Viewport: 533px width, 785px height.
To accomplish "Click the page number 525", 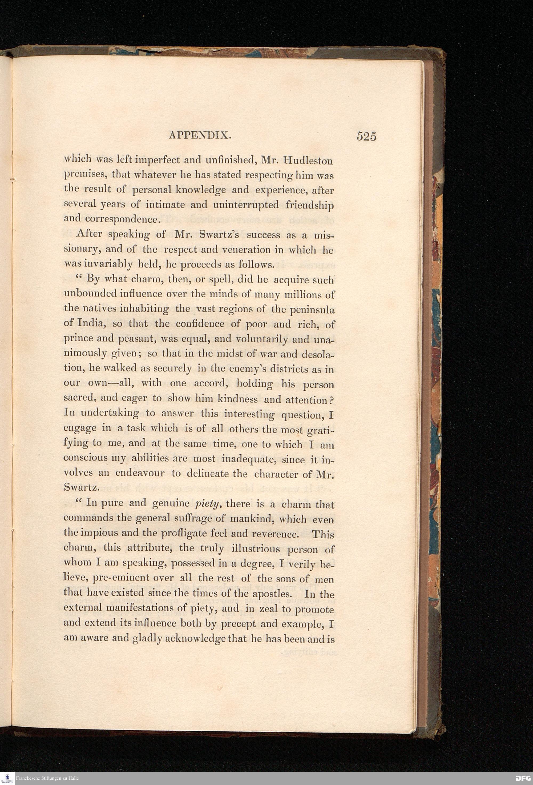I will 366,137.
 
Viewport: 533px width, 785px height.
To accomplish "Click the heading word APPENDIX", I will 200,136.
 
